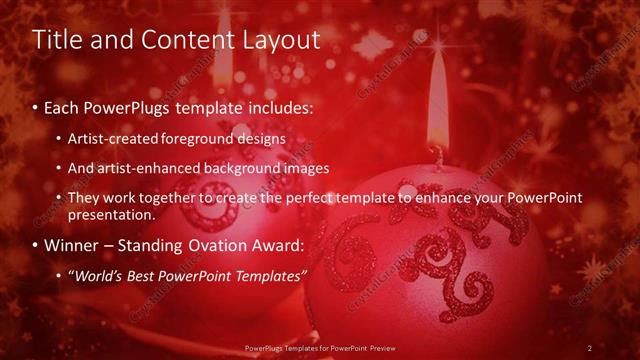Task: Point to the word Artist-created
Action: tap(110, 138)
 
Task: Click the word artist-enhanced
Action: tap(143, 168)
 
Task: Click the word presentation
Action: tap(112, 214)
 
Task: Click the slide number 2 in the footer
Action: tap(590, 348)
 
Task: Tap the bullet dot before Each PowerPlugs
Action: tap(37, 105)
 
